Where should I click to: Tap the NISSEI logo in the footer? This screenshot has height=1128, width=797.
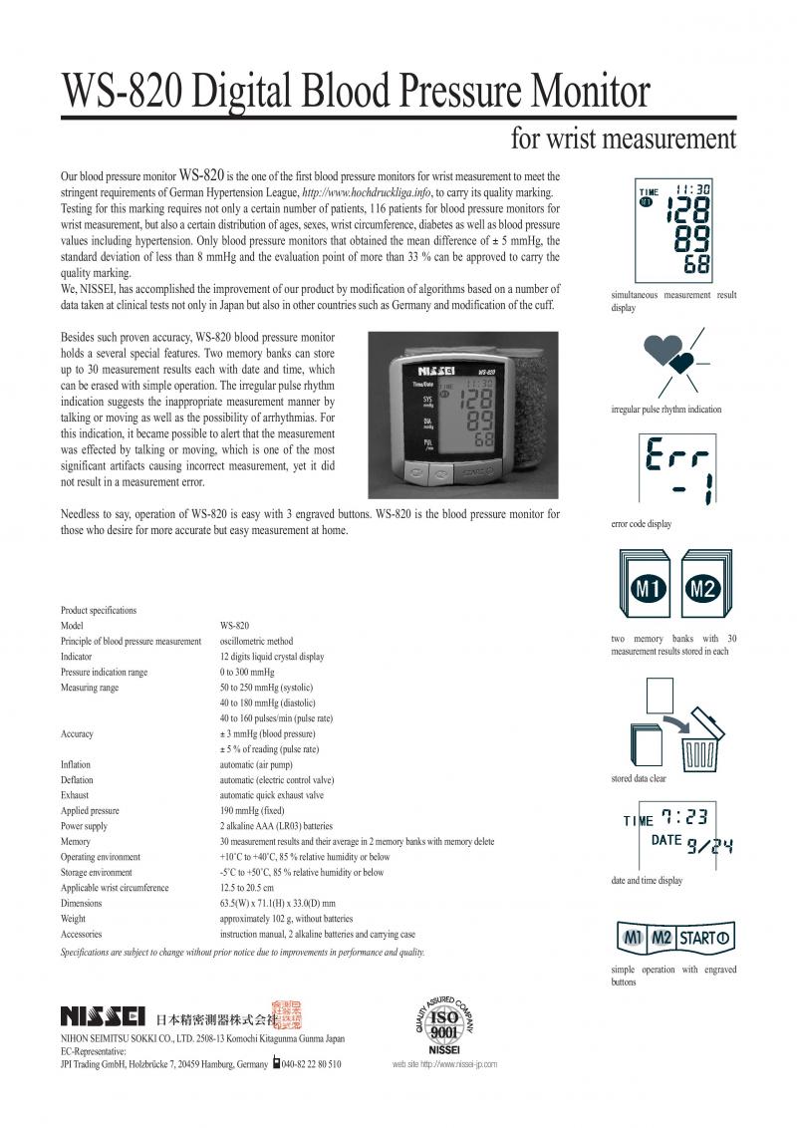pyautogui.click(x=105, y=1017)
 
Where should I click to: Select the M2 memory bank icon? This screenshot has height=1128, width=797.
pyautogui.click(x=703, y=588)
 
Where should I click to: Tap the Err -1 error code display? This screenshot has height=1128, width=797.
pyautogui.click(x=673, y=468)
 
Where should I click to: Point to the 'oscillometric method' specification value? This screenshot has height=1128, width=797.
pyautogui.click(x=256, y=641)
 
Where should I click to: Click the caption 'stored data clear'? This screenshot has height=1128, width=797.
pyautogui.click(x=639, y=778)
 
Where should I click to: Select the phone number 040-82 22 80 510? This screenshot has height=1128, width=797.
pyautogui.click(x=311, y=1064)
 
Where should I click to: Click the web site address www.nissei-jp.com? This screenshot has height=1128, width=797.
pyautogui.click(x=444, y=1064)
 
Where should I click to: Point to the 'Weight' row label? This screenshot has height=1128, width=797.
pyautogui.click(x=73, y=919)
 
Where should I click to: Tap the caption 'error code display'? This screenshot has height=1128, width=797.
pyautogui.click(x=641, y=524)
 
